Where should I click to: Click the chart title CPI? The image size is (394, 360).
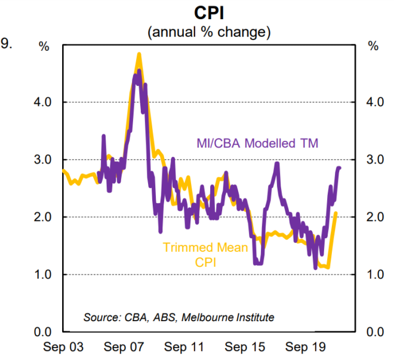(x=210, y=13)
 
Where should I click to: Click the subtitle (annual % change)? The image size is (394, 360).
(x=210, y=32)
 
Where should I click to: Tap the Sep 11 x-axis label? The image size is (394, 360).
(x=184, y=346)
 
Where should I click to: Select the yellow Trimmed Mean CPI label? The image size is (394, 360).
(x=205, y=254)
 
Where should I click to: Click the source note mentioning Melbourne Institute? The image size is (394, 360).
(x=179, y=317)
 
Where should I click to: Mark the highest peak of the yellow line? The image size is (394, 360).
(x=139, y=54)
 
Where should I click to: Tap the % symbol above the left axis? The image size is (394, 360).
(x=44, y=46)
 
